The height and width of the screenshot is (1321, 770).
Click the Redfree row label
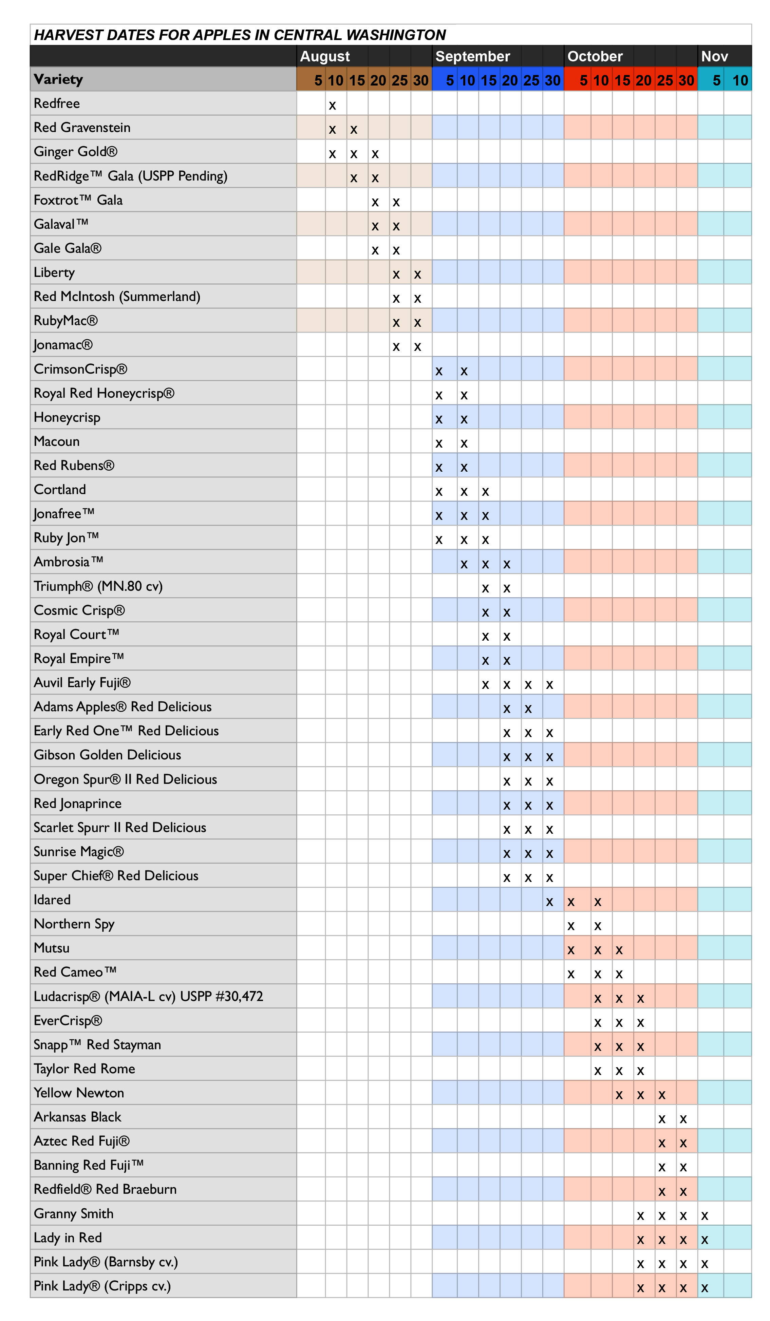[57, 103]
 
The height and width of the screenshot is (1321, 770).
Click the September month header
[472, 56]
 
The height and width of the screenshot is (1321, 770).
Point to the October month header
[595, 56]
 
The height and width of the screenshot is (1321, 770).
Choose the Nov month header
[714, 56]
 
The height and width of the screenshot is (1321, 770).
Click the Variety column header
[58, 79]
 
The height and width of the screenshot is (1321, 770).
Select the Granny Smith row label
[73, 1213]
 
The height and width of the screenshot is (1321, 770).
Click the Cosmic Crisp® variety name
[79, 610]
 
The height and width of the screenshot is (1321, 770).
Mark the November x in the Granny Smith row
[705, 1215]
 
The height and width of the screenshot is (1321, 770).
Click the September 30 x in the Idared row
[549, 902]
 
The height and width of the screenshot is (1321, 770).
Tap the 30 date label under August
[421, 80]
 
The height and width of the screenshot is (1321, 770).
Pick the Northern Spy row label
[74, 924]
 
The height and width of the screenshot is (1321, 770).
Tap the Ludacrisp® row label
[148, 996]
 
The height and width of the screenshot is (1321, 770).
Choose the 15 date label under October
[622, 80]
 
